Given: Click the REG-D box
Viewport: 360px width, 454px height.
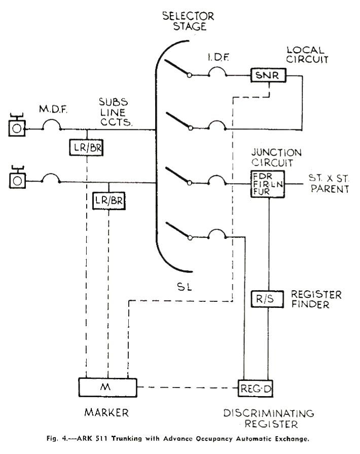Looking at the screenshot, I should click(257, 389).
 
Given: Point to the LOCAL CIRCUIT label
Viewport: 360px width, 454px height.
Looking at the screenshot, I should click(306, 55).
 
